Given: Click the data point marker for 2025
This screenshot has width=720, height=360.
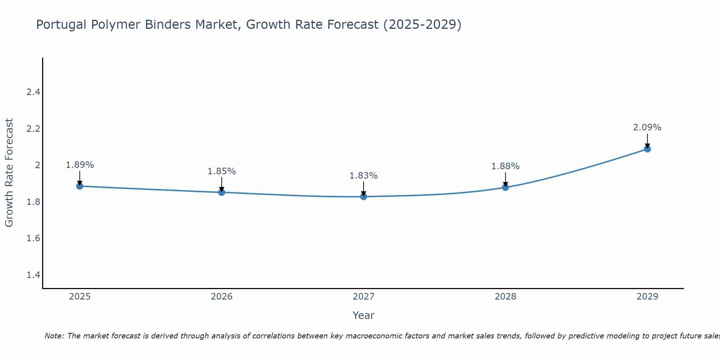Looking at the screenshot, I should tap(80, 186).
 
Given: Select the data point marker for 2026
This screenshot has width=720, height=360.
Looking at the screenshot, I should tap(222, 192).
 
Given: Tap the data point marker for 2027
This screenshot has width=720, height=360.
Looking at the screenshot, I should tap(364, 197).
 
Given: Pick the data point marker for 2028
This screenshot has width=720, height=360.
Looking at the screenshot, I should tap(505, 187).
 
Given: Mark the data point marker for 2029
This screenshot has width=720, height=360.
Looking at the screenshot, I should tap(647, 149).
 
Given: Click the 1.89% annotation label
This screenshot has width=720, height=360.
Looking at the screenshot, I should tap(80, 165).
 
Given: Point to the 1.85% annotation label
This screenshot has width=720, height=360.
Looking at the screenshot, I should tap(222, 171).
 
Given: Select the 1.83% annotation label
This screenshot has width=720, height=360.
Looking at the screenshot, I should tap(364, 176).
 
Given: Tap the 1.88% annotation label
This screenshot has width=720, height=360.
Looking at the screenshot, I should tap(505, 166).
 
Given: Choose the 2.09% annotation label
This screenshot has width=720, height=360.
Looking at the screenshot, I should tap(647, 127).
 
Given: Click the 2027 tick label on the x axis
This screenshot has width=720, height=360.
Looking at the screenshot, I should tap(364, 297).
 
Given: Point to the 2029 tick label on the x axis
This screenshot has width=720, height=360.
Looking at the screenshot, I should tap(647, 297).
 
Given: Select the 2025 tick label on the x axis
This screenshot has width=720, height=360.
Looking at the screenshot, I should tap(80, 297).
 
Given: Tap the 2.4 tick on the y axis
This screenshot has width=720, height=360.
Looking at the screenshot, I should tap(33, 92).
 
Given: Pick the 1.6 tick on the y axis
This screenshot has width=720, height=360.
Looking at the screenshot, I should tap(33, 238).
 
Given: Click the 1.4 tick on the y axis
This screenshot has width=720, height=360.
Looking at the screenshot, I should tap(33, 275).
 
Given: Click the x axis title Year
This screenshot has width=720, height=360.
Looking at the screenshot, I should tap(364, 315).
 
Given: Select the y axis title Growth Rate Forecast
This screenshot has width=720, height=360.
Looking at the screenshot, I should tap(9, 173).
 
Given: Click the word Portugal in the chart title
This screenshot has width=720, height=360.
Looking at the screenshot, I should tap(62, 24).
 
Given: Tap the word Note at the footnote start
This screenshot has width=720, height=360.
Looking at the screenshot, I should tap(54, 336).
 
